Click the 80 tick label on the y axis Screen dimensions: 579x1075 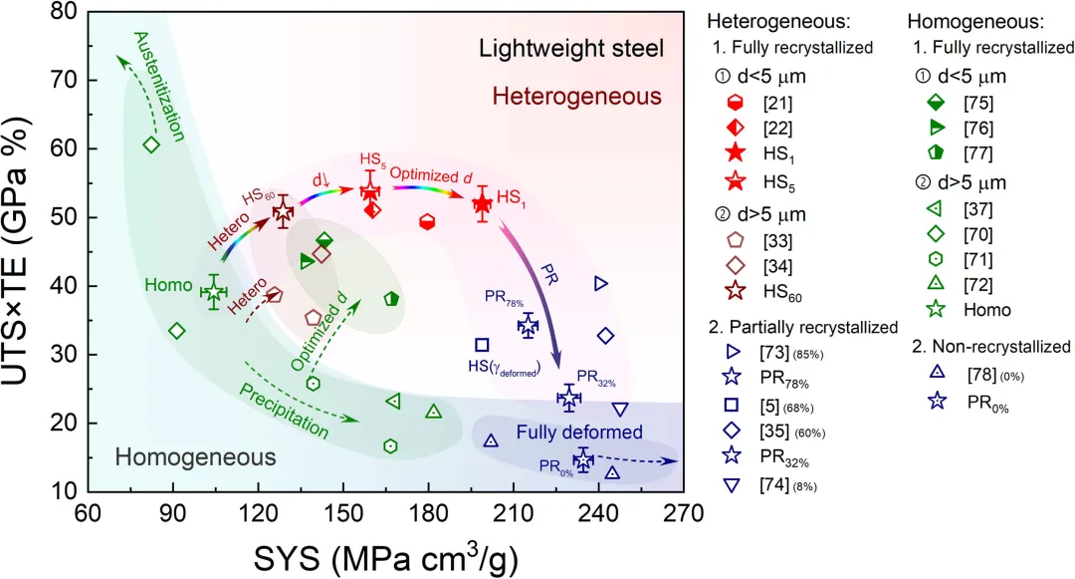point(68,12)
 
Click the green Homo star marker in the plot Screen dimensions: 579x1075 point(214,291)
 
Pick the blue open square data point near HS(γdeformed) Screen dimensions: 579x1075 point(482,345)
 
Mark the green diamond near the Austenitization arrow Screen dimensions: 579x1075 point(151,145)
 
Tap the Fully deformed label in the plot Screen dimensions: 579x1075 point(579,432)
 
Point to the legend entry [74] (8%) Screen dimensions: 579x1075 point(768,482)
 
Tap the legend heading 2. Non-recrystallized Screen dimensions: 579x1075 point(991,347)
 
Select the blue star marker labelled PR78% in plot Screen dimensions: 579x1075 point(528,325)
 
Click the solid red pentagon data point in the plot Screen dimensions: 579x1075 point(427,221)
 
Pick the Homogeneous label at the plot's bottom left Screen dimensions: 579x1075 point(195,457)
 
